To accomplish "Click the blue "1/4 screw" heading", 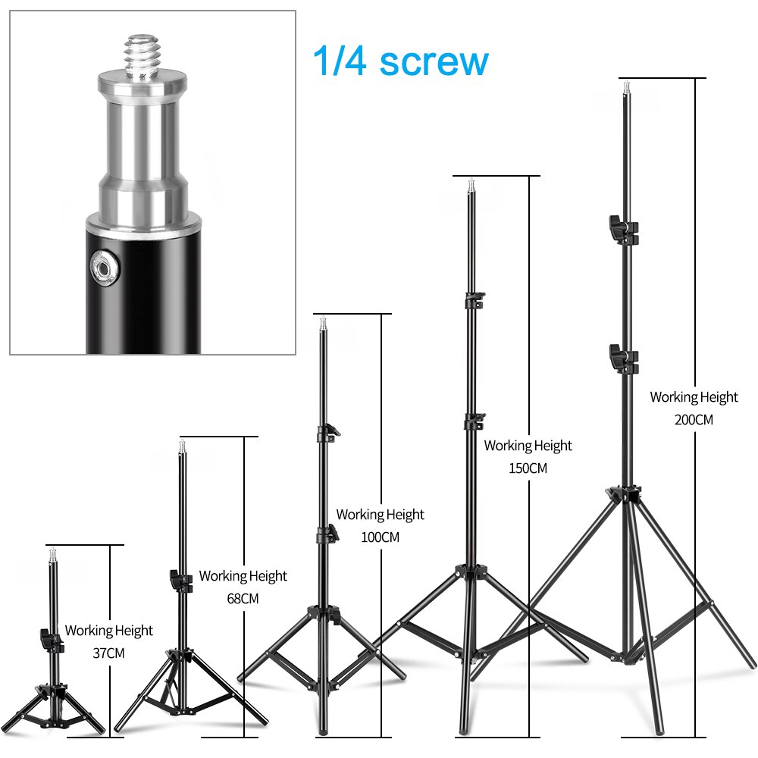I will (400, 61).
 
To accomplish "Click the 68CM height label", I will (243, 598).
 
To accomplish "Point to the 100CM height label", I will (380, 537).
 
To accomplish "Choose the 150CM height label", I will (528, 468).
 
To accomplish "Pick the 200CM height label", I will (694, 419).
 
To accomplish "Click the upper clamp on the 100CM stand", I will (327, 434).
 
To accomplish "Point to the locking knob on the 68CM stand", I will (179, 580).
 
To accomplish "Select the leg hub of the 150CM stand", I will (469, 570).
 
